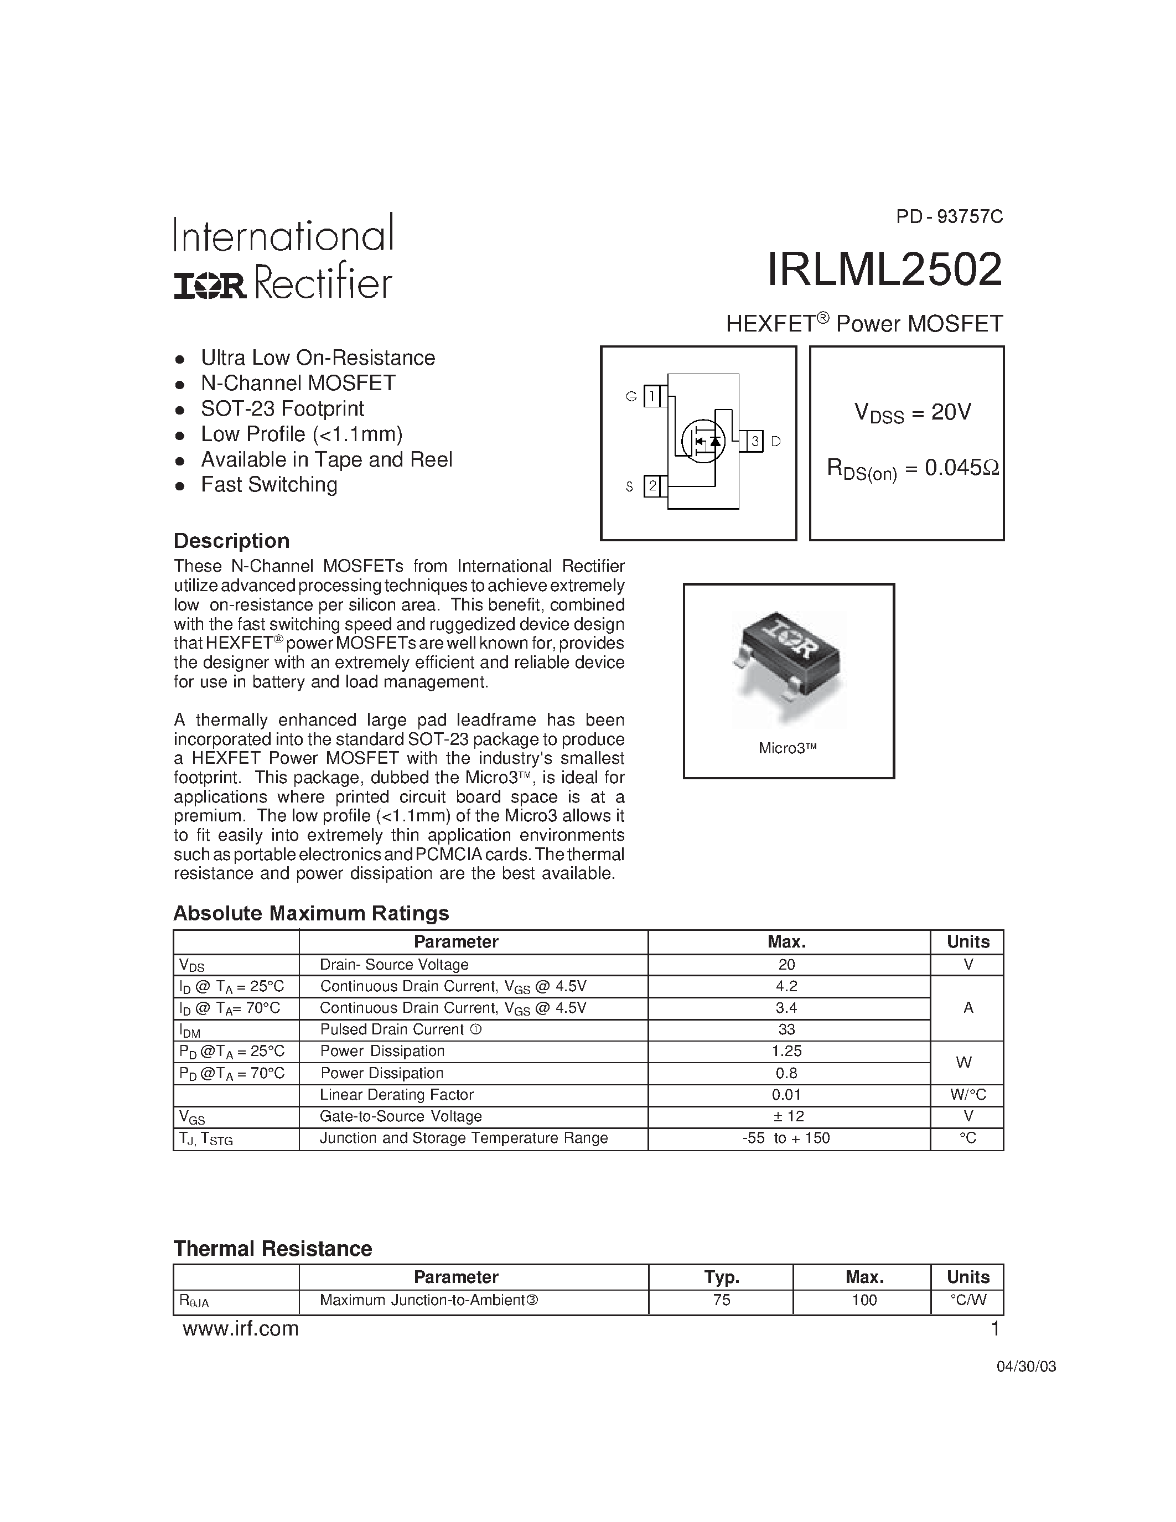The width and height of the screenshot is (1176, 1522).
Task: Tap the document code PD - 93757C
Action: [949, 217]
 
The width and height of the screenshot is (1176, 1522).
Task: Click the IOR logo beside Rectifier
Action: [210, 286]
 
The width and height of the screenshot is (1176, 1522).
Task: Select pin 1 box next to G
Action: [651, 396]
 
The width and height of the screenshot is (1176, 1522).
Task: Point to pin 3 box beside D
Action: [754, 441]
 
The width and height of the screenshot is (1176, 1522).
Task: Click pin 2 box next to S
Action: [652, 486]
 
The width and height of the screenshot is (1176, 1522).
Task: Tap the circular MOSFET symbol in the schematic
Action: [702, 441]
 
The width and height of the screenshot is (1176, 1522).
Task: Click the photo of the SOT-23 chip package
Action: [789, 659]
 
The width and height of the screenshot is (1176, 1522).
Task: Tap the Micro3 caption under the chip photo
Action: [788, 748]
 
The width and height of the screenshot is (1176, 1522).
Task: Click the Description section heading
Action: [231, 541]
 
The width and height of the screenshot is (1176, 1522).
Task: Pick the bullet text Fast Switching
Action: [269, 484]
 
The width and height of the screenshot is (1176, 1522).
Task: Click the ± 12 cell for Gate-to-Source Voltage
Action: [788, 1116]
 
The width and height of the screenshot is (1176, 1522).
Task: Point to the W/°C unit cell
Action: [967, 1095]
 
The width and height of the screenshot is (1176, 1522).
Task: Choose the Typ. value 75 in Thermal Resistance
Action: [721, 1300]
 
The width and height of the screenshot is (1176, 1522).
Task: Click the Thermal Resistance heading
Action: [272, 1248]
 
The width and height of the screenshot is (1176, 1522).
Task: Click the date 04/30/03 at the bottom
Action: [1025, 1366]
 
